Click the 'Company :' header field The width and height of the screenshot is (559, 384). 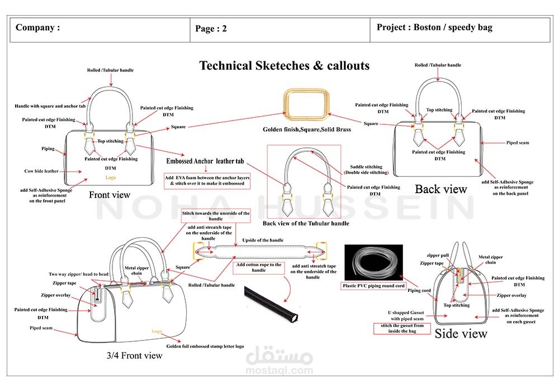(x=37, y=28)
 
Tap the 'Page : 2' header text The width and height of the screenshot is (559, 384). (x=211, y=29)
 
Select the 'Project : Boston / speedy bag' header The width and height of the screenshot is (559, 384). (x=434, y=27)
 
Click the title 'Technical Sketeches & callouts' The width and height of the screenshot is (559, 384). (x=285, y=66)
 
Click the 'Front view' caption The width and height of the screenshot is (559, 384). (x=110, y=195)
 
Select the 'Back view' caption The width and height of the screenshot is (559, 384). (x=440, y=189)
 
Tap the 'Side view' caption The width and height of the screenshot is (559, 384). (x=461, y=334)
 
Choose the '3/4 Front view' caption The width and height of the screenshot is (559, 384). (x=134, y=355)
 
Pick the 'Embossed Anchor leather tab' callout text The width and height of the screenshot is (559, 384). (x=205, y=161)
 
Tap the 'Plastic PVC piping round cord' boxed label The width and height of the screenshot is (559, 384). (x=374, y=286)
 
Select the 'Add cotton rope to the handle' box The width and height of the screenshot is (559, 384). (x=259, y=267)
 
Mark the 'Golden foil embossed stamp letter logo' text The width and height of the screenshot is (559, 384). (x=205, y=346)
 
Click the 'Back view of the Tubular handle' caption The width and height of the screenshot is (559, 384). (x=305, y=223)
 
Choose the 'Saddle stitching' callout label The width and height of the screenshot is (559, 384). (x=366, y=166)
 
